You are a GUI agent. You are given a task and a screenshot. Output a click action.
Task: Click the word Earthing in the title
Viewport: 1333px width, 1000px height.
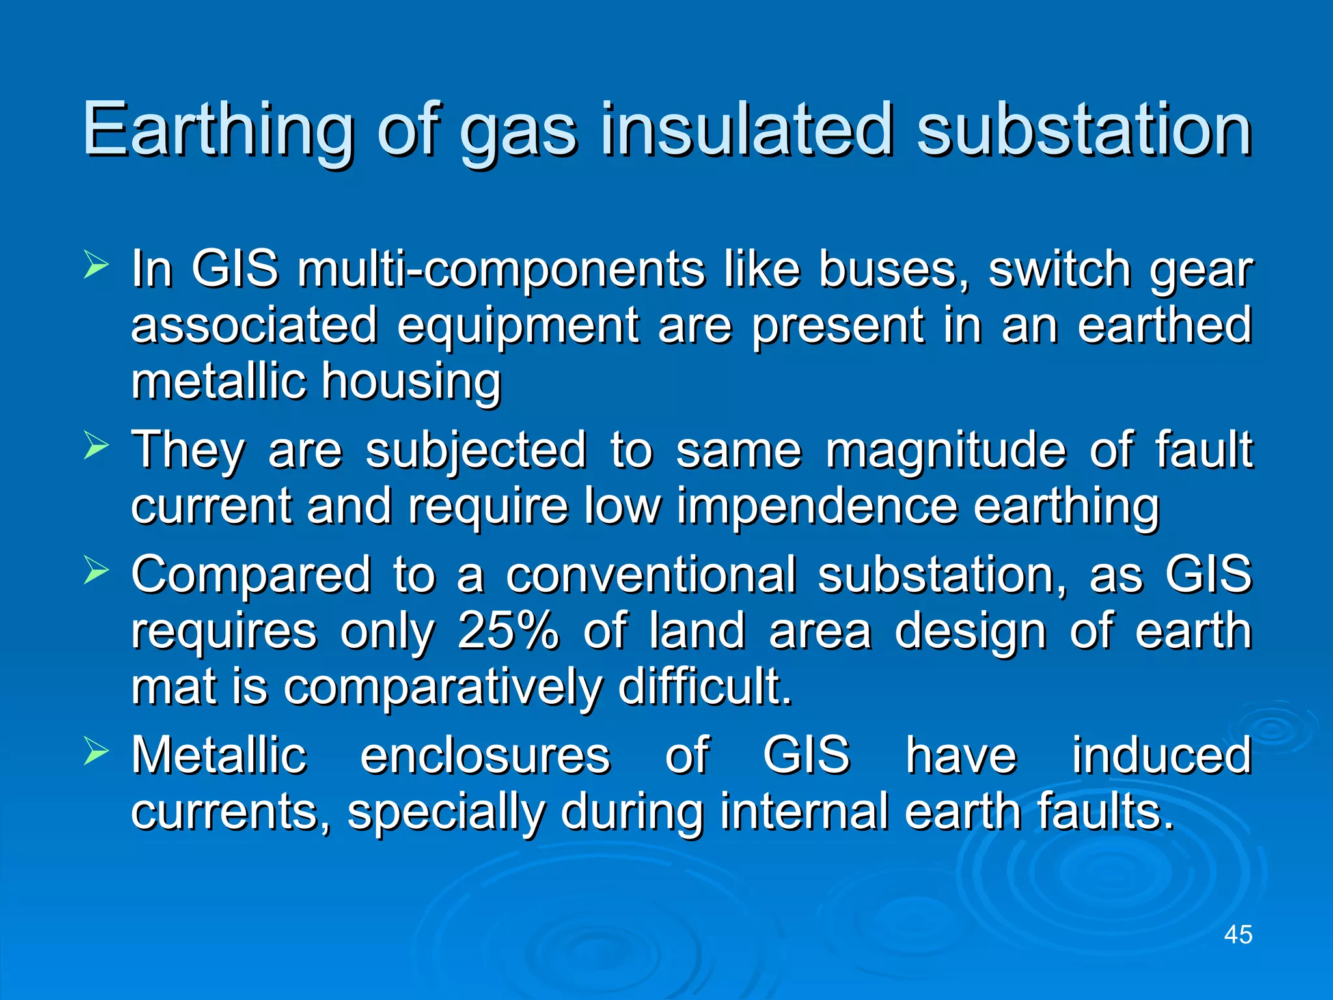[x=218, y=130]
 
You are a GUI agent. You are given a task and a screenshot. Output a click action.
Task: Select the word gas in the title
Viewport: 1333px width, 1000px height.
[x=518, y=133]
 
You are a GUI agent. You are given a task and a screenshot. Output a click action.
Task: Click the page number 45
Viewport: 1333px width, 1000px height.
[x=1238, y=934]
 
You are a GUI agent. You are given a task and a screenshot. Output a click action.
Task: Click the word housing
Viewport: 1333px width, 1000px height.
[x=411, y=382]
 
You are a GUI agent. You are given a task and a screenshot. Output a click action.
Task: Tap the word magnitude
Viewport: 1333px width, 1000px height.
[x=946, y=451]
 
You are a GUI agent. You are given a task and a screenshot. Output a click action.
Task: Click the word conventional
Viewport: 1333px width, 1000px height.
[x=651, y=576]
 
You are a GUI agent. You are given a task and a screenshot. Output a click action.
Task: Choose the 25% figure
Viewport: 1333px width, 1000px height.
[x=508, y=631]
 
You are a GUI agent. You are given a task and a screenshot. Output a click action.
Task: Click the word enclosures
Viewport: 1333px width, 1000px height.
[x=486, y=755]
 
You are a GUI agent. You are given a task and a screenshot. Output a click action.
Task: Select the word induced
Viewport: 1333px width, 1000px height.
[x=1161, y=755]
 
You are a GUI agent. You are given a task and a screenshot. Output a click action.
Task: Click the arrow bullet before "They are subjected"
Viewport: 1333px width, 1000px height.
[x=96, y=447]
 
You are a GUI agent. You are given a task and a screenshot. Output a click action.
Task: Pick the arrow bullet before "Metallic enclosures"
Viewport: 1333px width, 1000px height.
[x=96, y=753]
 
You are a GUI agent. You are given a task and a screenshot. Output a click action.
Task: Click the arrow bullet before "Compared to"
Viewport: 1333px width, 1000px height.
[x=96, y=572]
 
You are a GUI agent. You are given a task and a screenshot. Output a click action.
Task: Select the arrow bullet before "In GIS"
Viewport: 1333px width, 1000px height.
[x=96, y=267]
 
